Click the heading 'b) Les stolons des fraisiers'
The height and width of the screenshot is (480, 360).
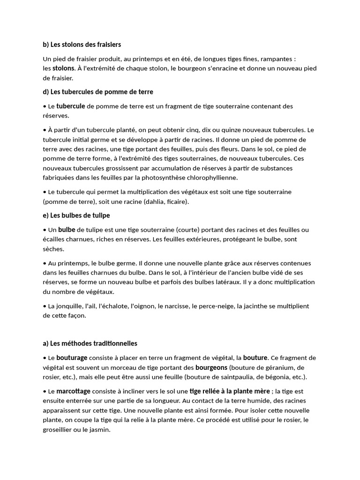tap(82, 45)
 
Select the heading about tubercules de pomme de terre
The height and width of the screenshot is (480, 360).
tap(97, 91)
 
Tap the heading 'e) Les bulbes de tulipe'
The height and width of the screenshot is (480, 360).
tap(76, 215)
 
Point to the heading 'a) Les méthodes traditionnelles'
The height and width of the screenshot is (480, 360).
tap(90, 343)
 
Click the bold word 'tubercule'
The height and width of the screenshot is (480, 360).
tap(71, 106)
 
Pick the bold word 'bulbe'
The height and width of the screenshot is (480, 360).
tap(67, 230)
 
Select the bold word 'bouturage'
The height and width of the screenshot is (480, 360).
tap(72, 358)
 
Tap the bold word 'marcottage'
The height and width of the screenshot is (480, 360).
tap(74, 391)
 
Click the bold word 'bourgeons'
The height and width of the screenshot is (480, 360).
tap(211, 367)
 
